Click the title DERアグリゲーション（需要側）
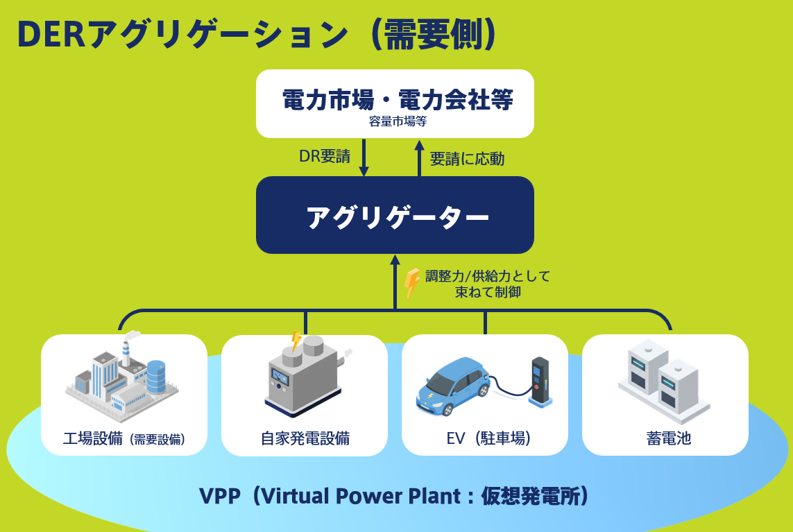click(x=257, y=35)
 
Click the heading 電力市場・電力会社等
click(x=398, y=101)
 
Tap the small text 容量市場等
click(x=398, y=122)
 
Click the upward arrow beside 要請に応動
click(x=419, y=157)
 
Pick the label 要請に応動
click(x=467, y=159)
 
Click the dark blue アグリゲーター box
click(x=395, y=216)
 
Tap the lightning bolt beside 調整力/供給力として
click(x=412, y=282)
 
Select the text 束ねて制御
click(x=488, y=292)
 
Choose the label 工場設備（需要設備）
click(x=124, y=438)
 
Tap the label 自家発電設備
click(x=305, y=438)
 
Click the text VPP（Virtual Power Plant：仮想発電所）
click(x=394, y=497)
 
